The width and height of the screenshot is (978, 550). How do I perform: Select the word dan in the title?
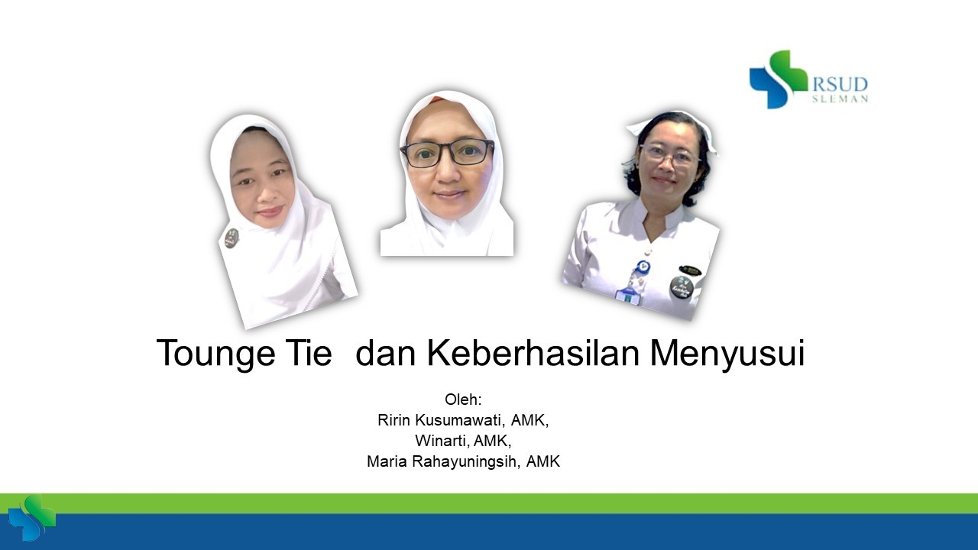point(384,354)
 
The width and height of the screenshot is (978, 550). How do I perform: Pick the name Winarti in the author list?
point(441,441)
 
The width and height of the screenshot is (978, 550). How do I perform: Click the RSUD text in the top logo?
point(840,84)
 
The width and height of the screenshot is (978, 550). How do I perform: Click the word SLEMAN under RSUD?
point(840,99)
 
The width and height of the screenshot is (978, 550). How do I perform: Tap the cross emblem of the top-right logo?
point(778,79)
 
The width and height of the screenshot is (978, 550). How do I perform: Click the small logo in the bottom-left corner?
point(31,519)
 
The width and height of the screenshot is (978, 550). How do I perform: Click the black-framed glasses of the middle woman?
point(448,153)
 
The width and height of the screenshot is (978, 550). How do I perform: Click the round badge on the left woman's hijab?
point(232,238)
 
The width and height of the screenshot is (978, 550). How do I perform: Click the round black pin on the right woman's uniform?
point(681,288)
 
